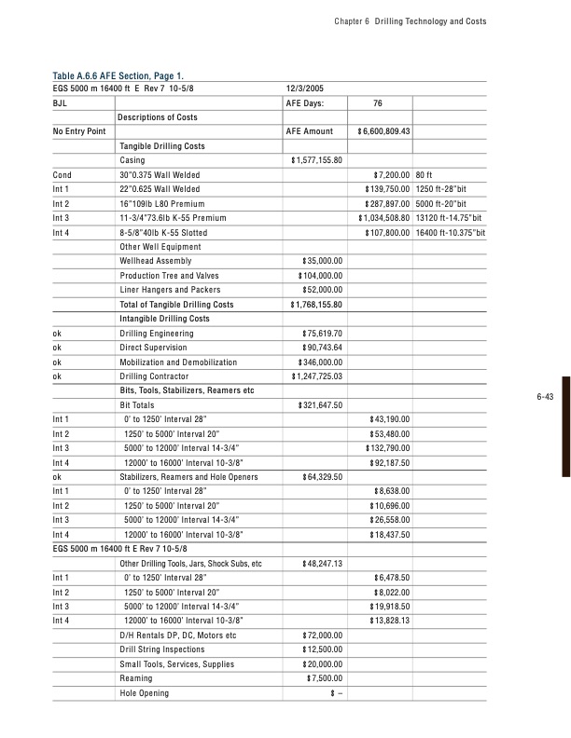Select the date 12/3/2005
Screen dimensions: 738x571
(305, 88)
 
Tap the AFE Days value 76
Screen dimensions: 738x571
(378, 102)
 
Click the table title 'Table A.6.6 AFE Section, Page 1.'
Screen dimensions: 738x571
(130, 75)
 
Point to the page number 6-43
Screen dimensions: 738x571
(546, 423)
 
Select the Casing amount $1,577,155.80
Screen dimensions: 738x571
(318, 160)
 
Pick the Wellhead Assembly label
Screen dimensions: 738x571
(156, 261)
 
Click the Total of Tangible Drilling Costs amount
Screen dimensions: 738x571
(318, 305)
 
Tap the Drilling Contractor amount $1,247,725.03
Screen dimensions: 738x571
(318, 376)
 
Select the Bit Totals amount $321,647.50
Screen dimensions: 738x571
(321, 405)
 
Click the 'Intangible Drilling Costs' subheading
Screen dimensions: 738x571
(163, 319)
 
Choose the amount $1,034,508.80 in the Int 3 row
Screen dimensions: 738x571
(383, 218)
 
